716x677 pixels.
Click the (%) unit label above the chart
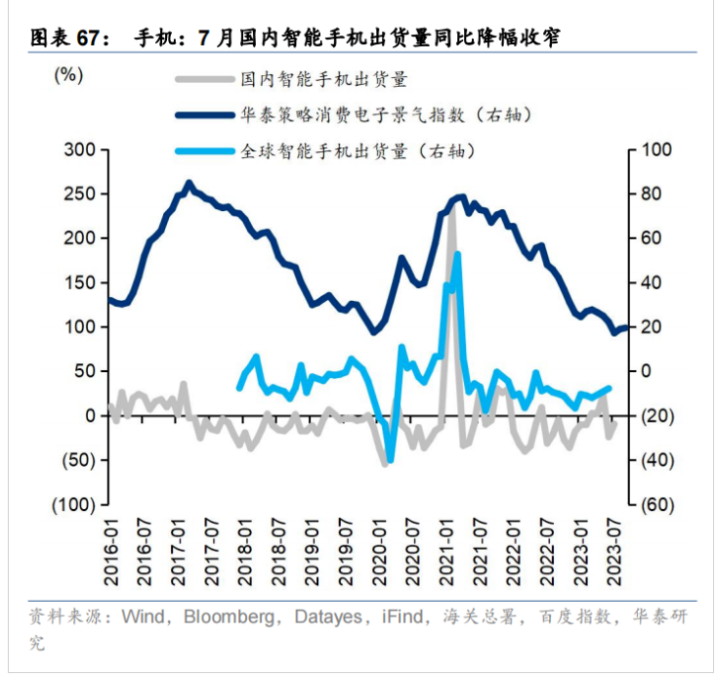(x=67, y=74)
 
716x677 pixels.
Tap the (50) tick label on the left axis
(x=77, y=459)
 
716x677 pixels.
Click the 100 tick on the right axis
(x=656, y=149)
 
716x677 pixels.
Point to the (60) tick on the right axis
(x=656, y=504)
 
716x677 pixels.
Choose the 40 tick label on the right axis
(x=653, y=282)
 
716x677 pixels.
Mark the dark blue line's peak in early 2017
(x=189, y=182)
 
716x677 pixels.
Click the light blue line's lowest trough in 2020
(x=390, y=460)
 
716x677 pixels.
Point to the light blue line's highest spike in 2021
(x=457, y=254)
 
